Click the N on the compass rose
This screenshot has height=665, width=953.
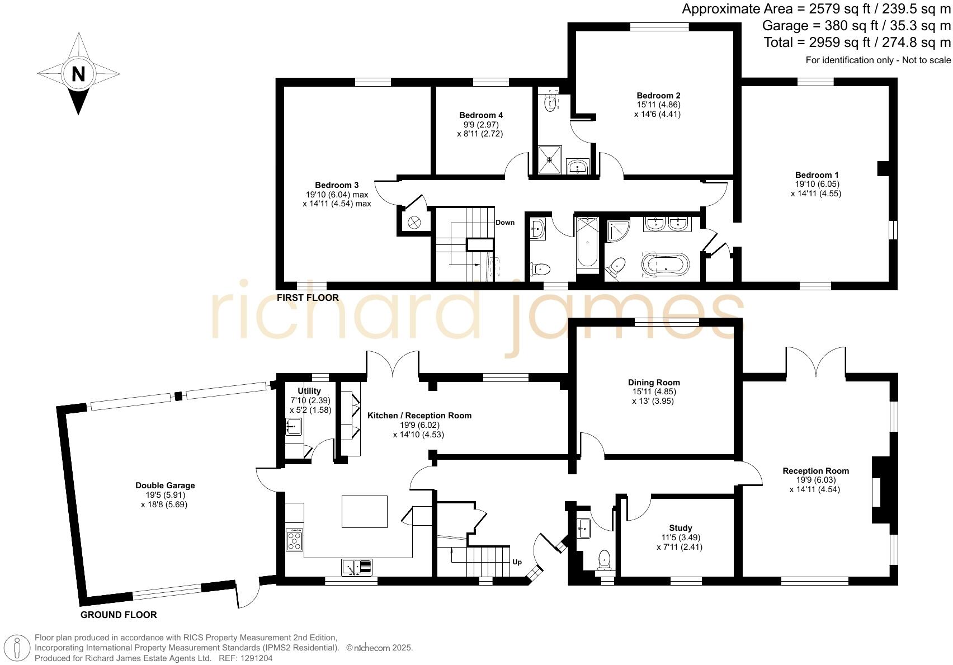tap(78, 74)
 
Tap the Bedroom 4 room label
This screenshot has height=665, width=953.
tap(481, 115)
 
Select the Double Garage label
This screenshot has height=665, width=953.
tap(165, 485)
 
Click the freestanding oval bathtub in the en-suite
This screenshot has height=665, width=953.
tap(666, 266)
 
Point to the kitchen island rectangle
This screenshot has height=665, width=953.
tap(365, 511)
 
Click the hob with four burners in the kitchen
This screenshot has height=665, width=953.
tap(295, 540)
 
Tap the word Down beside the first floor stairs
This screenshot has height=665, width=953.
tap(504, 223)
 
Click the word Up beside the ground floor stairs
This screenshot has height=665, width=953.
tap(517, 562)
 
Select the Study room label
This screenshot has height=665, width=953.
tap(680, 528)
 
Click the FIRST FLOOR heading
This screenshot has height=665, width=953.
tap(308, 298)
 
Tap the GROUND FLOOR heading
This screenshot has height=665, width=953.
tap(119, 615)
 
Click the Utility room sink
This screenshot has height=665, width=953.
tap(294, 427)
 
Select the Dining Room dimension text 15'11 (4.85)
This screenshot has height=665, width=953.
tap(653, 392)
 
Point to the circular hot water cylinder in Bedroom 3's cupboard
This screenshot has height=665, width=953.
tap(414, 223)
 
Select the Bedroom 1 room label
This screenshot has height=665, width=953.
tap(817, 174)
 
